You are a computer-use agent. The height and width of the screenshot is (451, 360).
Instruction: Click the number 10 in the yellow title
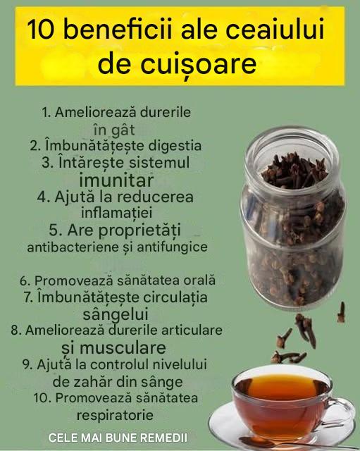click(40, 29)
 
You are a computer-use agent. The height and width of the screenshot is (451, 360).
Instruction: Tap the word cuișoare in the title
click(198, 63)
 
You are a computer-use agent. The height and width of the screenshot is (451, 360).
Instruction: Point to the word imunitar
click(116, 180)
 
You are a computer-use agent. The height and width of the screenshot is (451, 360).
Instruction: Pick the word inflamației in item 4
click(116, 213)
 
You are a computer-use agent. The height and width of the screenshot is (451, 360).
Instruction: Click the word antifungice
click(172, 247)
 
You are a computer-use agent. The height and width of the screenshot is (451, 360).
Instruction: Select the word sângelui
click(116, 314)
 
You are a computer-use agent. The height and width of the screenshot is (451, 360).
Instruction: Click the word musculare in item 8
click(123, 347)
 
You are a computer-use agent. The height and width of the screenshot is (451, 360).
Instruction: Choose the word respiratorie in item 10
click(115, 415)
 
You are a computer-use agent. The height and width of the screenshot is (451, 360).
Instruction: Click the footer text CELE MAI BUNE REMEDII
click(118, 438)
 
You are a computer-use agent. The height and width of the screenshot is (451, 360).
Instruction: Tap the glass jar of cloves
click(292, 218)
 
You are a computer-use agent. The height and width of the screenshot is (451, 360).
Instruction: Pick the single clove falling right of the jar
click(341, 313)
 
